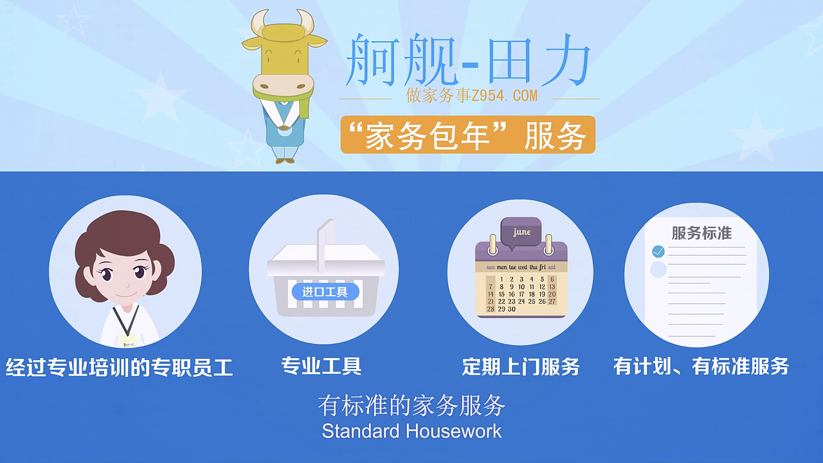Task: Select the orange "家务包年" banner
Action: (467, 135)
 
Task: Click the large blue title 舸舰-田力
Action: (467, 61)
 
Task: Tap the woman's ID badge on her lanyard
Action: (128, 339)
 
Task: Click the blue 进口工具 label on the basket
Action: (325, 292)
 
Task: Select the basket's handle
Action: (325, 238)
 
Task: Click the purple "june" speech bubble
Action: (521, 232)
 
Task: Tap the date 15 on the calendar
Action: (502, 295)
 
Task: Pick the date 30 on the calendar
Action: (512, 309)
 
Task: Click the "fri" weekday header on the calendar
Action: (543, 267)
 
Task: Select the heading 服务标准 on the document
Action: (701, 233)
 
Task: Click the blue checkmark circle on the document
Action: (658, 251)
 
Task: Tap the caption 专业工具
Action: (321, 367)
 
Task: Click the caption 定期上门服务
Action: (521, 367)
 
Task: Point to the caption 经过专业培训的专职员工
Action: (119, 368)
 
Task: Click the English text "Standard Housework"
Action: (411, 431)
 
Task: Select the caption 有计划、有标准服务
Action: (701, 367)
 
